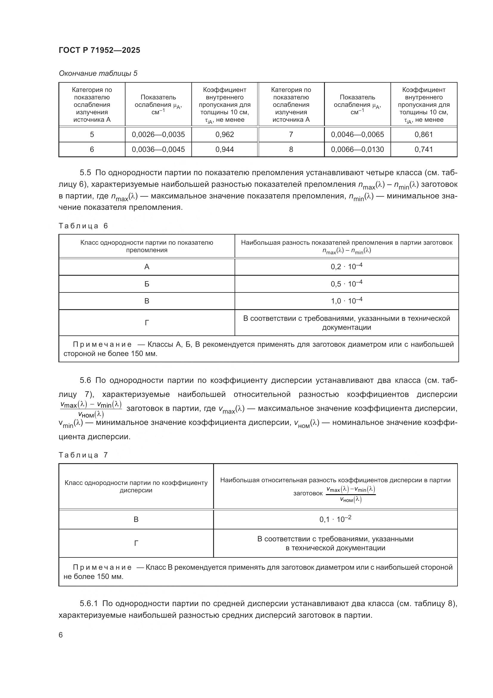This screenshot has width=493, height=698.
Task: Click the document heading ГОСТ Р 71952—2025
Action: pos(99,50)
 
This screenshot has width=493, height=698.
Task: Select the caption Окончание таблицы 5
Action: pos(98,74)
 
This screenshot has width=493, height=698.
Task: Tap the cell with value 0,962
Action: pos(225,134)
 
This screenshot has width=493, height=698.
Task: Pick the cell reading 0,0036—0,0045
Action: pos(158,149)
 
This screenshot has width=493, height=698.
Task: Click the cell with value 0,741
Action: pos(424,149)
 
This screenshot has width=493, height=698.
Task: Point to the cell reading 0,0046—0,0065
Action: pos(357,134)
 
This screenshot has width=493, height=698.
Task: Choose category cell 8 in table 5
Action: pos(291,149)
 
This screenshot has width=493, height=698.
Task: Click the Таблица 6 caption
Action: pos(83,226)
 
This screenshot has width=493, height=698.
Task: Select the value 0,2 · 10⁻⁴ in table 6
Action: pos(346,266)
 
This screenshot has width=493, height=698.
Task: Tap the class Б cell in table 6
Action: pos(147,284)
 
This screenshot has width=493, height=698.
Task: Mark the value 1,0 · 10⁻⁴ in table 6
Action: pos(346,301)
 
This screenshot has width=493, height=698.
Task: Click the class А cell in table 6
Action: pos(147,267)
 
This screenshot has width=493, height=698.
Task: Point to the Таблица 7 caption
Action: pos(83,455)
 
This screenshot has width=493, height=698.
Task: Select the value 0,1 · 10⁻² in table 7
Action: pos(335,519)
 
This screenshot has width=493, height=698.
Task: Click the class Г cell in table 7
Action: pos(136,543)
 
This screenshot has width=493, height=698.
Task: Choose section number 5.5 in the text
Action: pos(85,173)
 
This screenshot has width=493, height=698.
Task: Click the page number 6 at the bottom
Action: pos(61,635)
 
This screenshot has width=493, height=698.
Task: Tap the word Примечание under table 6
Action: pos(102,344)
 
